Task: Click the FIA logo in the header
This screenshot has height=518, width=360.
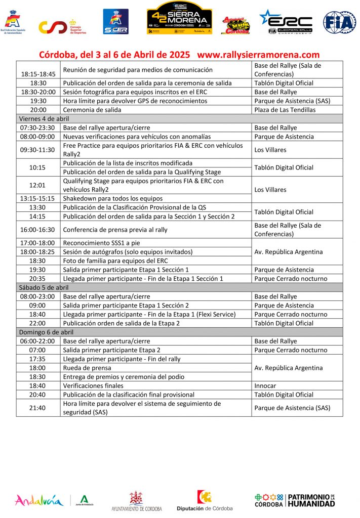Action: [340, 22]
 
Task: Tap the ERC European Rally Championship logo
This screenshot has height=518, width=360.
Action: [286, 22]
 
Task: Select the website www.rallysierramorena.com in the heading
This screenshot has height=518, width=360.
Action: [258, 55]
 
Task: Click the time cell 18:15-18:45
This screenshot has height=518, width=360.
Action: [38, 74]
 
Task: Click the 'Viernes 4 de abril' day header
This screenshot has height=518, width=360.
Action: [44, 118]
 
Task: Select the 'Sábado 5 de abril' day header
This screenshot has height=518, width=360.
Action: [43, 287]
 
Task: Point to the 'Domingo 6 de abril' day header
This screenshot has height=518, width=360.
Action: [46, 332]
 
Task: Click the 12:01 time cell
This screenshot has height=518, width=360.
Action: [38, 185]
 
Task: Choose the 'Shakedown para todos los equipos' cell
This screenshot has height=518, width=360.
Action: [112, 198]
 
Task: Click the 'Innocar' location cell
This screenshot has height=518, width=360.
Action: [265, 385]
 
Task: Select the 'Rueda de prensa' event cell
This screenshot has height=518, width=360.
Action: [87, 368]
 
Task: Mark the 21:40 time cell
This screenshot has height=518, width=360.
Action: [38, 408]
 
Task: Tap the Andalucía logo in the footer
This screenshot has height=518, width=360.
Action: [39, 500]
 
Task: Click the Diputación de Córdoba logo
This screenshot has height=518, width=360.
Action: [205, 501]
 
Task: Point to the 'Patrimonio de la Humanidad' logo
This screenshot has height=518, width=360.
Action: [295, 500]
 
